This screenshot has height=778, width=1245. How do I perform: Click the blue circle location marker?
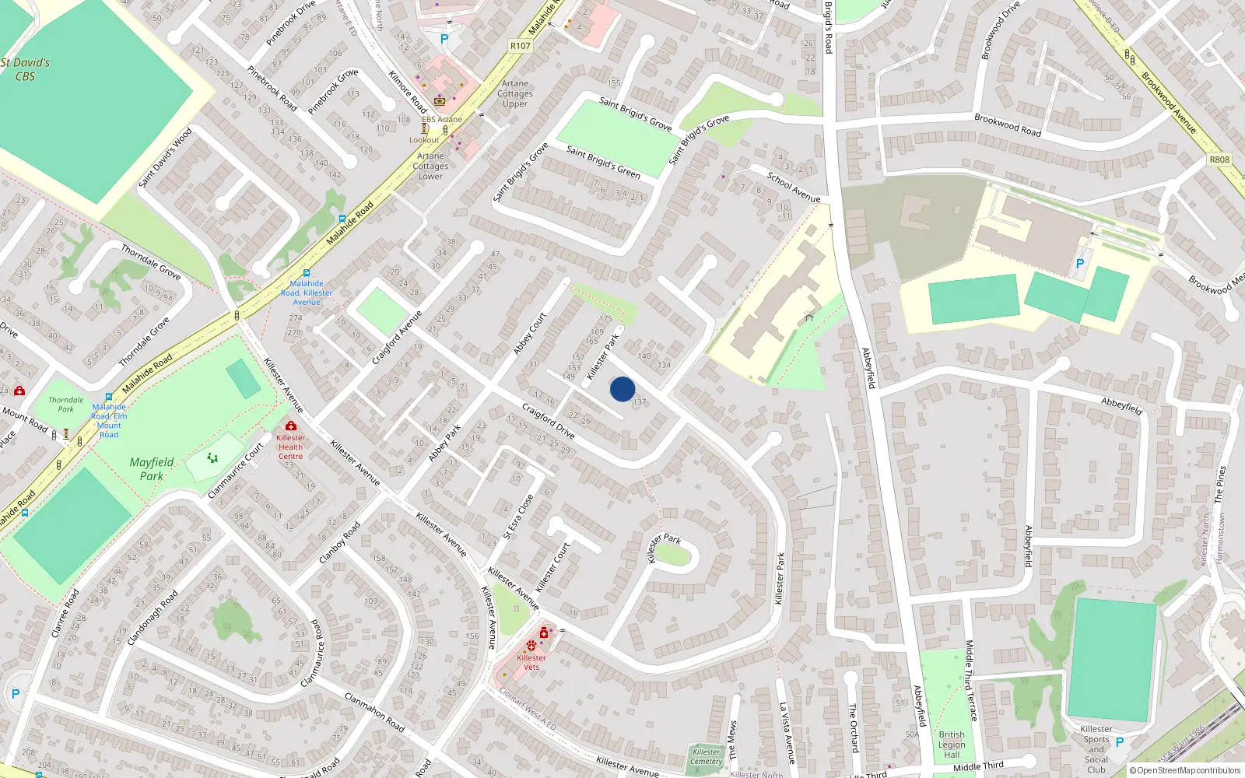point(622,389)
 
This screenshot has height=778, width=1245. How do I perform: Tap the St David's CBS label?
point(25,69)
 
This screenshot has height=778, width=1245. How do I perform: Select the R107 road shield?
point(521,46)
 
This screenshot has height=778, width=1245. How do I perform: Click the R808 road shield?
point(1219,159)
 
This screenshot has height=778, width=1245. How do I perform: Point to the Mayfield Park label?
point(152,468)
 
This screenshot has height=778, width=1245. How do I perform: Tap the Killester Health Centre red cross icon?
point(291,426)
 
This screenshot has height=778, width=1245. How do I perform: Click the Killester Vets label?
point(531,662)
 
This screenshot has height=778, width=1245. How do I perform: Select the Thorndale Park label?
point(66,404)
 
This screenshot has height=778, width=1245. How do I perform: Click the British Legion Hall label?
point(952,745)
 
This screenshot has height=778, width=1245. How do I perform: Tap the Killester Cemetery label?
point(707,756)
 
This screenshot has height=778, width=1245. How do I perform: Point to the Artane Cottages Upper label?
point(515,93)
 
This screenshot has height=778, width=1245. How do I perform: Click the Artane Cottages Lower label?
point(430,166)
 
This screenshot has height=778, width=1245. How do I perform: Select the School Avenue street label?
point(794,187)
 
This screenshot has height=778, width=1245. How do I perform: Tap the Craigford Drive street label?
point(548,420)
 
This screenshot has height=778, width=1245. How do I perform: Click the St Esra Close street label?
point(518,517)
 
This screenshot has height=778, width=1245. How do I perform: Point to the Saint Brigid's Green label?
point(603,162)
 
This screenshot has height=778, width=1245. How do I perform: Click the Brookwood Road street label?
point(1008,125)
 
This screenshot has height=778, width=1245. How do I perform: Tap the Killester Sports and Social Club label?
point(1096,749)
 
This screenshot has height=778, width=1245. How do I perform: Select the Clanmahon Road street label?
point(374,712)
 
